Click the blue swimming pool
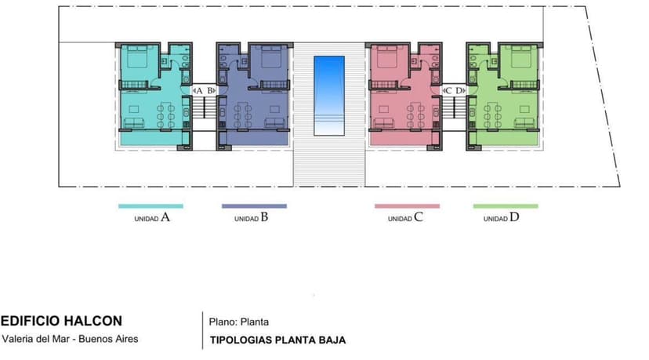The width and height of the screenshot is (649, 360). click(x=329, y=96)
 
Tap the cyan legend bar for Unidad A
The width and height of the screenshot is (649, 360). click(x=150, y=206)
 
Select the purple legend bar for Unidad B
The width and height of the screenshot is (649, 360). click(x=254, y=206)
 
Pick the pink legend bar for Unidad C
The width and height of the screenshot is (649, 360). click(x=408, y=206)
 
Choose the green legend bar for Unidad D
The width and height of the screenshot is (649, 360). click(x=506, y=206)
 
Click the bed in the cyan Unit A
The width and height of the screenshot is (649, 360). click(x=137, y=56)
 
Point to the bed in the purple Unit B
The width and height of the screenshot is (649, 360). click(x=271, y=56)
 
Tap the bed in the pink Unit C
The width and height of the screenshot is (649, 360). click(x=387, y=56)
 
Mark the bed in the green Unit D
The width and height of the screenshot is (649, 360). click(x=521, y=56)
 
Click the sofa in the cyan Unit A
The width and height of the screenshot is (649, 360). click(x=134, y=122)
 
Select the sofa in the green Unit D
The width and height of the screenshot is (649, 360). click(x=524, y=122)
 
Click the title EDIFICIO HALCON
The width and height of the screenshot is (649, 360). click(x=61, y=321)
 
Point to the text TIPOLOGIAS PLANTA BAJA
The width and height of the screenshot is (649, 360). click(x=277, y=340)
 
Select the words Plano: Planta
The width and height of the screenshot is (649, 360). click(x=239, y=322)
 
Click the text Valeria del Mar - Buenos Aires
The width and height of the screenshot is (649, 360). click(x=70, y=339)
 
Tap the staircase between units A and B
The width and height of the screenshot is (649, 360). click(x=205, y=107)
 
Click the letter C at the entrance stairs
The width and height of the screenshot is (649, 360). click(x=448, y=90)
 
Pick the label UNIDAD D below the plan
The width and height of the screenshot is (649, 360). click(x=501, y=217)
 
